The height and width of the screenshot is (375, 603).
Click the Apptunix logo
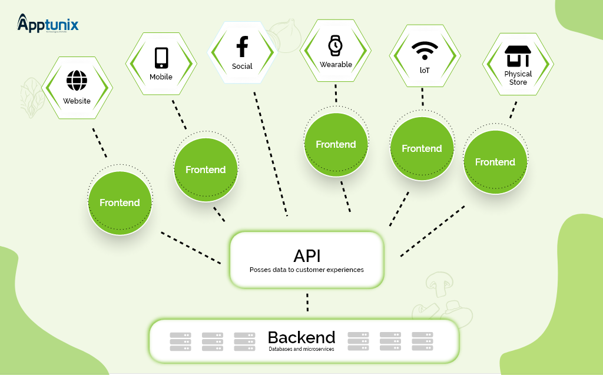[x=48, y=24]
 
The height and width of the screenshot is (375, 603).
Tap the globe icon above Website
[x=77, y=80]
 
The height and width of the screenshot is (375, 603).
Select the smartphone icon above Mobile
[x=161, y=58]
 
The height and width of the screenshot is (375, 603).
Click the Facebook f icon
[x=241, y=47]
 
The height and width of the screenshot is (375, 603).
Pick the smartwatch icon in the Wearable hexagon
[x=335, y=45]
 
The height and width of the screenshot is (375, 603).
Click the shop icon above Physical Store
[x=518, y=57]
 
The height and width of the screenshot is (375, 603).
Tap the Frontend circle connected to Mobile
[x=206, y=170]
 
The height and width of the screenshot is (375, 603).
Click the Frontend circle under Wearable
[x=336, y=144]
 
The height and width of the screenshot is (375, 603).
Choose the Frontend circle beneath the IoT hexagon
[x=422, y=148]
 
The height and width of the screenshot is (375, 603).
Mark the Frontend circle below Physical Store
[x=495, y=162]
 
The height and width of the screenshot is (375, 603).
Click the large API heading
[x=307, y=255]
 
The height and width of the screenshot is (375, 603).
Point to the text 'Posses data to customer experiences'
[x=306, y=270]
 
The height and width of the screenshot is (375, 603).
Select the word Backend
[x=301, y=337]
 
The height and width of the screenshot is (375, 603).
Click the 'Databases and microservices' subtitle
[x=301, y=349]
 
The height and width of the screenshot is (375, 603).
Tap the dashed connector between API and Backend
[x=307, y=303]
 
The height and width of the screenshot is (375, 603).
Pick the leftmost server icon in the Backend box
[x=180, y=341]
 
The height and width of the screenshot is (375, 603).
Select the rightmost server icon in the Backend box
[x=422, y=341]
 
